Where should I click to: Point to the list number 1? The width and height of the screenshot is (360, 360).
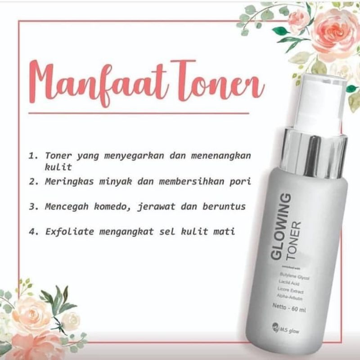[x=31, y=156]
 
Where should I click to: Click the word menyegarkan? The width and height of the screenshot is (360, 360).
[x=130, y=156]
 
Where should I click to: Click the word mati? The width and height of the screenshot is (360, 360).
[x=225, y=233]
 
